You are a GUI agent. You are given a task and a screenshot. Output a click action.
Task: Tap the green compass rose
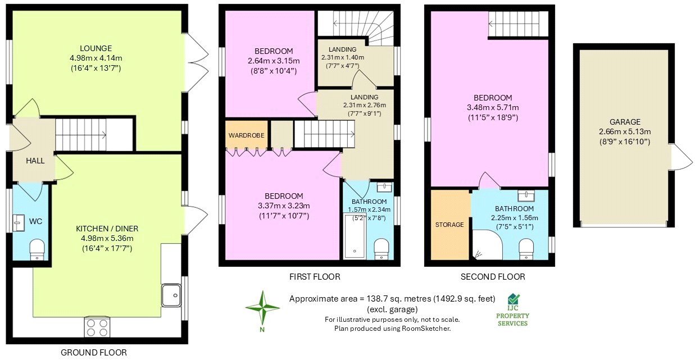click(x=262, y=309)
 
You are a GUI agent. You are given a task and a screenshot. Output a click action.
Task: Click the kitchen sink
click(x=170, y=293)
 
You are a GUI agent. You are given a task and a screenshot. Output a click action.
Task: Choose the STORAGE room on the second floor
click(x=449, y=225)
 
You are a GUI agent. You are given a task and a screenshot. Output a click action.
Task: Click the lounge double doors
click(x=192, y=62)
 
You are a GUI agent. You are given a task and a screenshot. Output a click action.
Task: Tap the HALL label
click(x=35, y=161)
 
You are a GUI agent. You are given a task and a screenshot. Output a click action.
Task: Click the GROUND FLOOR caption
click(x=94, y=353)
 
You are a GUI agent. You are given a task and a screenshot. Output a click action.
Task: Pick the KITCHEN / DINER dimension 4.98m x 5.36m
click(x=107, y=238)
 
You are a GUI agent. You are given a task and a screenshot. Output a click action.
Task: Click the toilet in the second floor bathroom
click(x=526, y=248)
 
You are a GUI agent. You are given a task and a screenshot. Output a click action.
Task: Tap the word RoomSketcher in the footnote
click(x=429, y=329)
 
